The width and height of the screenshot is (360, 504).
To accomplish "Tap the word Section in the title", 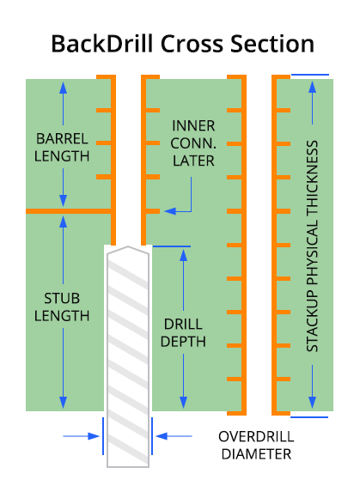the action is pyautogui.click(x=272, y=44).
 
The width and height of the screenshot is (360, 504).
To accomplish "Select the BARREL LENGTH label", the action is pyautogui.click(x=62, y=148).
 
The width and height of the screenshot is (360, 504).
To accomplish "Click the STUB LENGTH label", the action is pyautogui.click(x=62, y=307).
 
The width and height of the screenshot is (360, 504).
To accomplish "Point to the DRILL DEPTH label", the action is pyautogui.click(x=183, y=332).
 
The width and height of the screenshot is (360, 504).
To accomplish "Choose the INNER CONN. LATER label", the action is pyautogui.click(x=193, y=143).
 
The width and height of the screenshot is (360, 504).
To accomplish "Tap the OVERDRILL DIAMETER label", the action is pyautogui.click(x=256, y=446).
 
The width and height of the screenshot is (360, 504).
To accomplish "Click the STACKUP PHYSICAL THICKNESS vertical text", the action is pyautogui.click(x=312, y=246).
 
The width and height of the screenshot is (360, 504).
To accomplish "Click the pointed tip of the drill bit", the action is pyautogui.click(x=128, y=246).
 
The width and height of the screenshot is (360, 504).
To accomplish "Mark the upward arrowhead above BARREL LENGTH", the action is pyautogui.click(x=63, y=88).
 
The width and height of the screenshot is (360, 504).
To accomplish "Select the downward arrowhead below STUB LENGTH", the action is pyautogui.click(x=63, y=403).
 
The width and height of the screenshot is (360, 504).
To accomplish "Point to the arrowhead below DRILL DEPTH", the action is pyautogui.click(x=183, y=403).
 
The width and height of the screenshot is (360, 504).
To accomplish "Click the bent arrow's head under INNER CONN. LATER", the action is pyautogui.click(x=170, y=211).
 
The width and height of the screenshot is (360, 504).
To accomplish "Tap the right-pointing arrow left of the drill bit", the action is pyautogui.click(x=81, y=436).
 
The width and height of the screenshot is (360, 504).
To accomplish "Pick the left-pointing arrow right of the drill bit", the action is pyautogui.click(x=174, y=436).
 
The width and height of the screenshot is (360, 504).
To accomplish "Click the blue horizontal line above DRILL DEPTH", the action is pyautogui.click(x=172, y=246).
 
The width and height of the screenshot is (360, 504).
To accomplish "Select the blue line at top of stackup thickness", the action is pyautogui.click(x=310, y=75).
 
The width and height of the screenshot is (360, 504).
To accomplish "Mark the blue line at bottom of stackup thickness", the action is pyautogui.click(x=309, y=417).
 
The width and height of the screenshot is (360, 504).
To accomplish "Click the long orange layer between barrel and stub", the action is pyautogui.click(x=69, y=211).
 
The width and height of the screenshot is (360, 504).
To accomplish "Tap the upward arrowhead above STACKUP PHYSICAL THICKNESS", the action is pyautogui.click(x=313, y=88).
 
